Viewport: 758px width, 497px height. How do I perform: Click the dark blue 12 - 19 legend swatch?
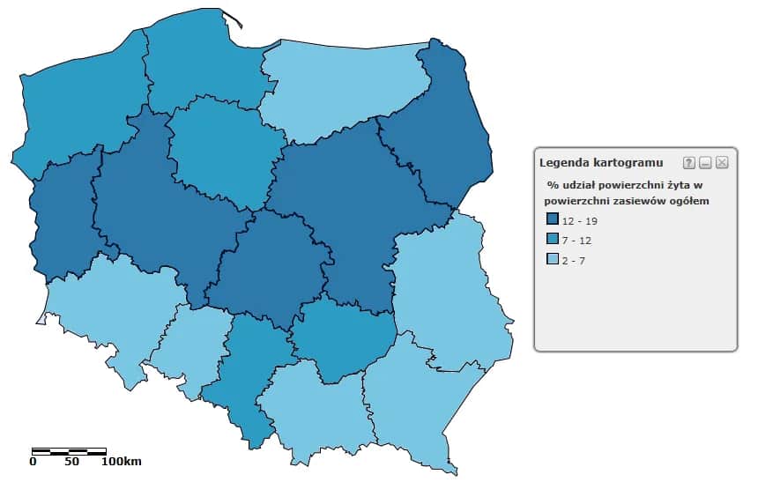click(x=553, y=219)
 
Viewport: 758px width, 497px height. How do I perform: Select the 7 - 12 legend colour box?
click(x=553, y=239)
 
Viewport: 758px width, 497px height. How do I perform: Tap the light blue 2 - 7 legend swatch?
click(x=553, y=259)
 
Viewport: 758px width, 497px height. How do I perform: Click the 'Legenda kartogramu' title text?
click(x=601, y=163)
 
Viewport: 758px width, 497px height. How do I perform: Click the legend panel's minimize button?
click(x=705, y=163)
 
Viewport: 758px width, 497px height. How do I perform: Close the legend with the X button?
click(x=722, y=163)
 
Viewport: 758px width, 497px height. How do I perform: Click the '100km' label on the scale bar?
click(x=122, y=461)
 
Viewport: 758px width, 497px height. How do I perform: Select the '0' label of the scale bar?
click(x=33, y=461)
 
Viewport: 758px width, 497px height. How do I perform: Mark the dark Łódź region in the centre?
click(x=264, y=269)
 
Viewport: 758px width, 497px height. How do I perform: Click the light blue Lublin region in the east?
click(x=445, y=291)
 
